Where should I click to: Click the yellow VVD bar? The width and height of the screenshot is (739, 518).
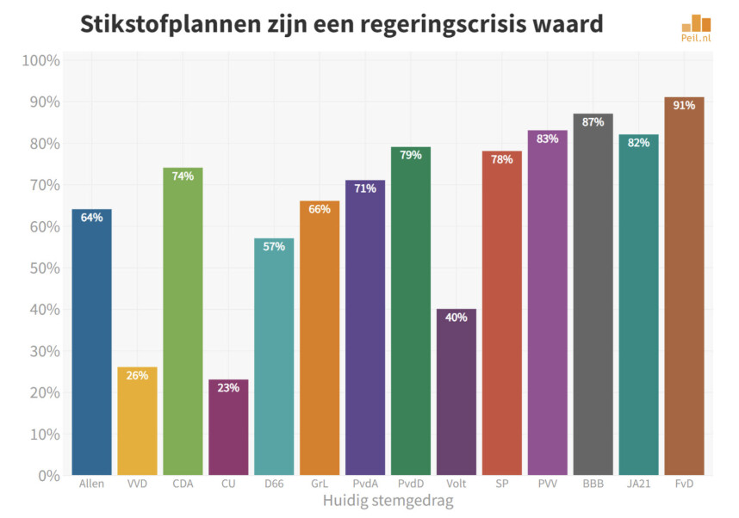click(137, 421)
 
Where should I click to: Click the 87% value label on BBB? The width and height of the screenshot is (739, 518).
click(593, 122)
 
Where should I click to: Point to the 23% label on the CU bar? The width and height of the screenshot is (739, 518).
click(228, 388)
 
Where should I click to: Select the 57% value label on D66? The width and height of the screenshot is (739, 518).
click(274, 247)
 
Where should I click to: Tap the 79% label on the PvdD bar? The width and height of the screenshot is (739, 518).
click(411, 156)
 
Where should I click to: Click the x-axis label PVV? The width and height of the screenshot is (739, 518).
click(547, 484)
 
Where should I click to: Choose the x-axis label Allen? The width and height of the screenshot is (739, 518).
click(91, 484)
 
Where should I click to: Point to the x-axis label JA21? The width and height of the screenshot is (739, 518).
click(638, 484)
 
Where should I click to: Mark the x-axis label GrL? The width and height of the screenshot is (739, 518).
click(320, 484)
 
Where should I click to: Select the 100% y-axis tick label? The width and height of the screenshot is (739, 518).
click(40, 61)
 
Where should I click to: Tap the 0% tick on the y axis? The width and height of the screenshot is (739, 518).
click(47, 475)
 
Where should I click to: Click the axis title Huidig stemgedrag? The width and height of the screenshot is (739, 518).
click(388, 500)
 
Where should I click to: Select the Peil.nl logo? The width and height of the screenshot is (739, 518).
click(696, 29)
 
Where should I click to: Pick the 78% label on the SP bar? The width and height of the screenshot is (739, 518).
click(502, 160)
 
